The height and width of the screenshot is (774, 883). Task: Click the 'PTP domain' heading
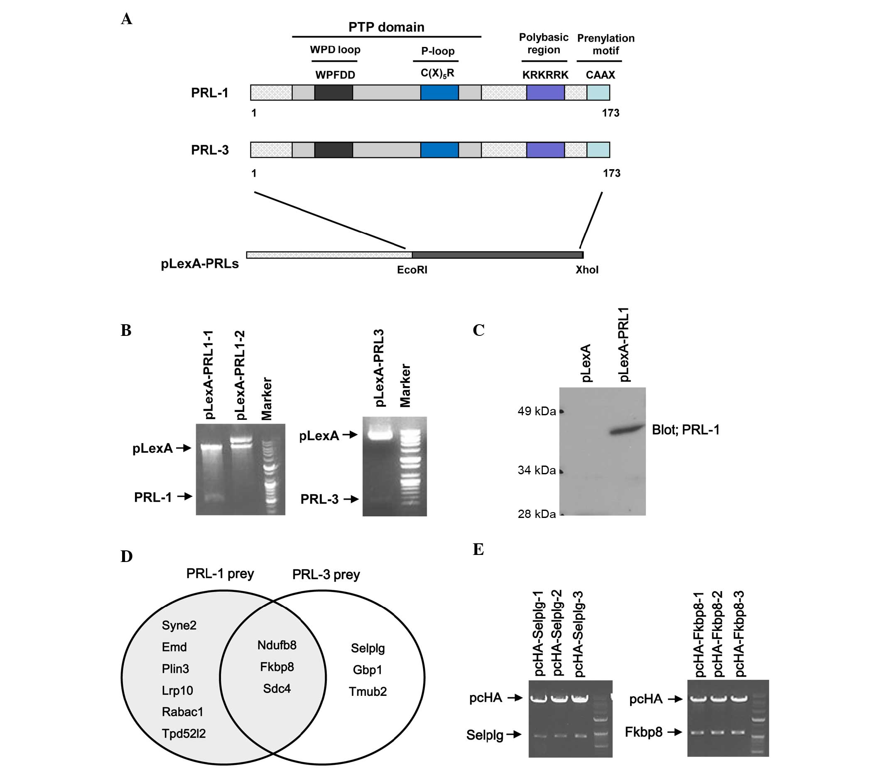tap(386, 27)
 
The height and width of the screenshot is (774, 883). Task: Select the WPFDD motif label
tap(335, 75)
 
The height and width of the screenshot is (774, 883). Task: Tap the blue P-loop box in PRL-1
tap(439, 93)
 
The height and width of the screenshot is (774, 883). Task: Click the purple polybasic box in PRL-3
tap(545, 150)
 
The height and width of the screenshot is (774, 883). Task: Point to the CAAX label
tap(600, 75)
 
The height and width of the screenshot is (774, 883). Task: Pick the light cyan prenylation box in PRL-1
tap(598, 93)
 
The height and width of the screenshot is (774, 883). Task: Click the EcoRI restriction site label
tap(412, 270)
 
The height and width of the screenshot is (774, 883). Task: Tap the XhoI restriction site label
tap(587, 270)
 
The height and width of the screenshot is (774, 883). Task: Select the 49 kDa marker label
tap(537, 411)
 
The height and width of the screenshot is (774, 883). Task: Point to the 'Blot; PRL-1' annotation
tap(685, 430)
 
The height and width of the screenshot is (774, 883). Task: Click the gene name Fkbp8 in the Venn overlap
tap(277, 667)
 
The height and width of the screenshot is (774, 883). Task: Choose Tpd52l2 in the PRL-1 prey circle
tap(184, 733)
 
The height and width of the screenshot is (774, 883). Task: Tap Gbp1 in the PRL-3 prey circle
tap(367, 670)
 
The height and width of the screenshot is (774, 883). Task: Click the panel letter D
tap(126, 557)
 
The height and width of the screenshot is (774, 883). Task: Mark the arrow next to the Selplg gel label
tap(514, 734)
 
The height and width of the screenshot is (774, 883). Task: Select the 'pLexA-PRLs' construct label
tap(199, 264)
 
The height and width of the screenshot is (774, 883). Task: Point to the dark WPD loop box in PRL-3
tap(334, 150)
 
